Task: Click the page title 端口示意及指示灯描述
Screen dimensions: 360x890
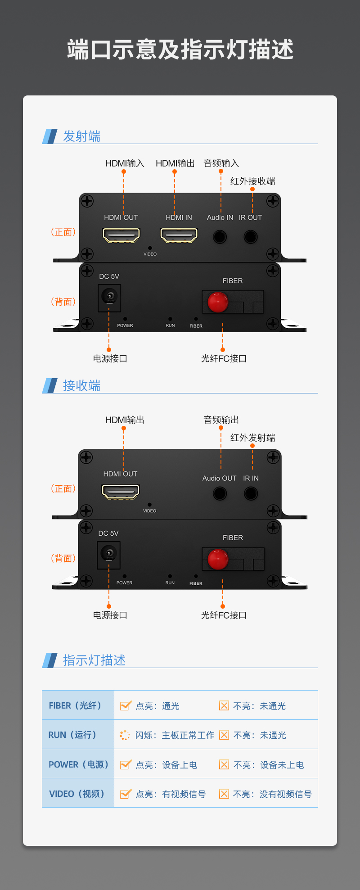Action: tap(180, 50)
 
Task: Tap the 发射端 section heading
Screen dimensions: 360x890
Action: tap(81, 136)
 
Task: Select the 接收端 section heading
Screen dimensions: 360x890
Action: tap(81, 385)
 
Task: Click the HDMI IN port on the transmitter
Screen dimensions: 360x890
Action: tap(179, 235)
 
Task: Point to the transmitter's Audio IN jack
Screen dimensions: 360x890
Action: tap(220, 236)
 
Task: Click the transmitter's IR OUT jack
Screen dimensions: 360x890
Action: tap(251, 236)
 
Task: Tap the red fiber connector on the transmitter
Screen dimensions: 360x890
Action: tap(218, 302)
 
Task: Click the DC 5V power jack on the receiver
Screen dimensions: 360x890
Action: tap(108, 553)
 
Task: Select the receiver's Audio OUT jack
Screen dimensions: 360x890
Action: tap(220, 493)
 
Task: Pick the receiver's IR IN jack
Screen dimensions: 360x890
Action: tap(251, 493)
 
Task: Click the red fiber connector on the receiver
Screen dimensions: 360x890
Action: tap(218, 559)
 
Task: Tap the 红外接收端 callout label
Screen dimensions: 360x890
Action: tap(252, 181)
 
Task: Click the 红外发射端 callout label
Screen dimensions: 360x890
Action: tap(252, 438)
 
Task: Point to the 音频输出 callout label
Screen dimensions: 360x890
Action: tap(221, 420)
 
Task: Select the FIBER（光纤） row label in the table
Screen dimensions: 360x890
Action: tap(75, 705)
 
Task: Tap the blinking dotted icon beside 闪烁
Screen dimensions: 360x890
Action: tap(125, 735)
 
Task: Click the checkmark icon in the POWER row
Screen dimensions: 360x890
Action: tap(126, 764)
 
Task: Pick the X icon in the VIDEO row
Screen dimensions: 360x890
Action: tap(224, 794)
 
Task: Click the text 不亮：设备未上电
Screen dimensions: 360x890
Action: tap(269, 765)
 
